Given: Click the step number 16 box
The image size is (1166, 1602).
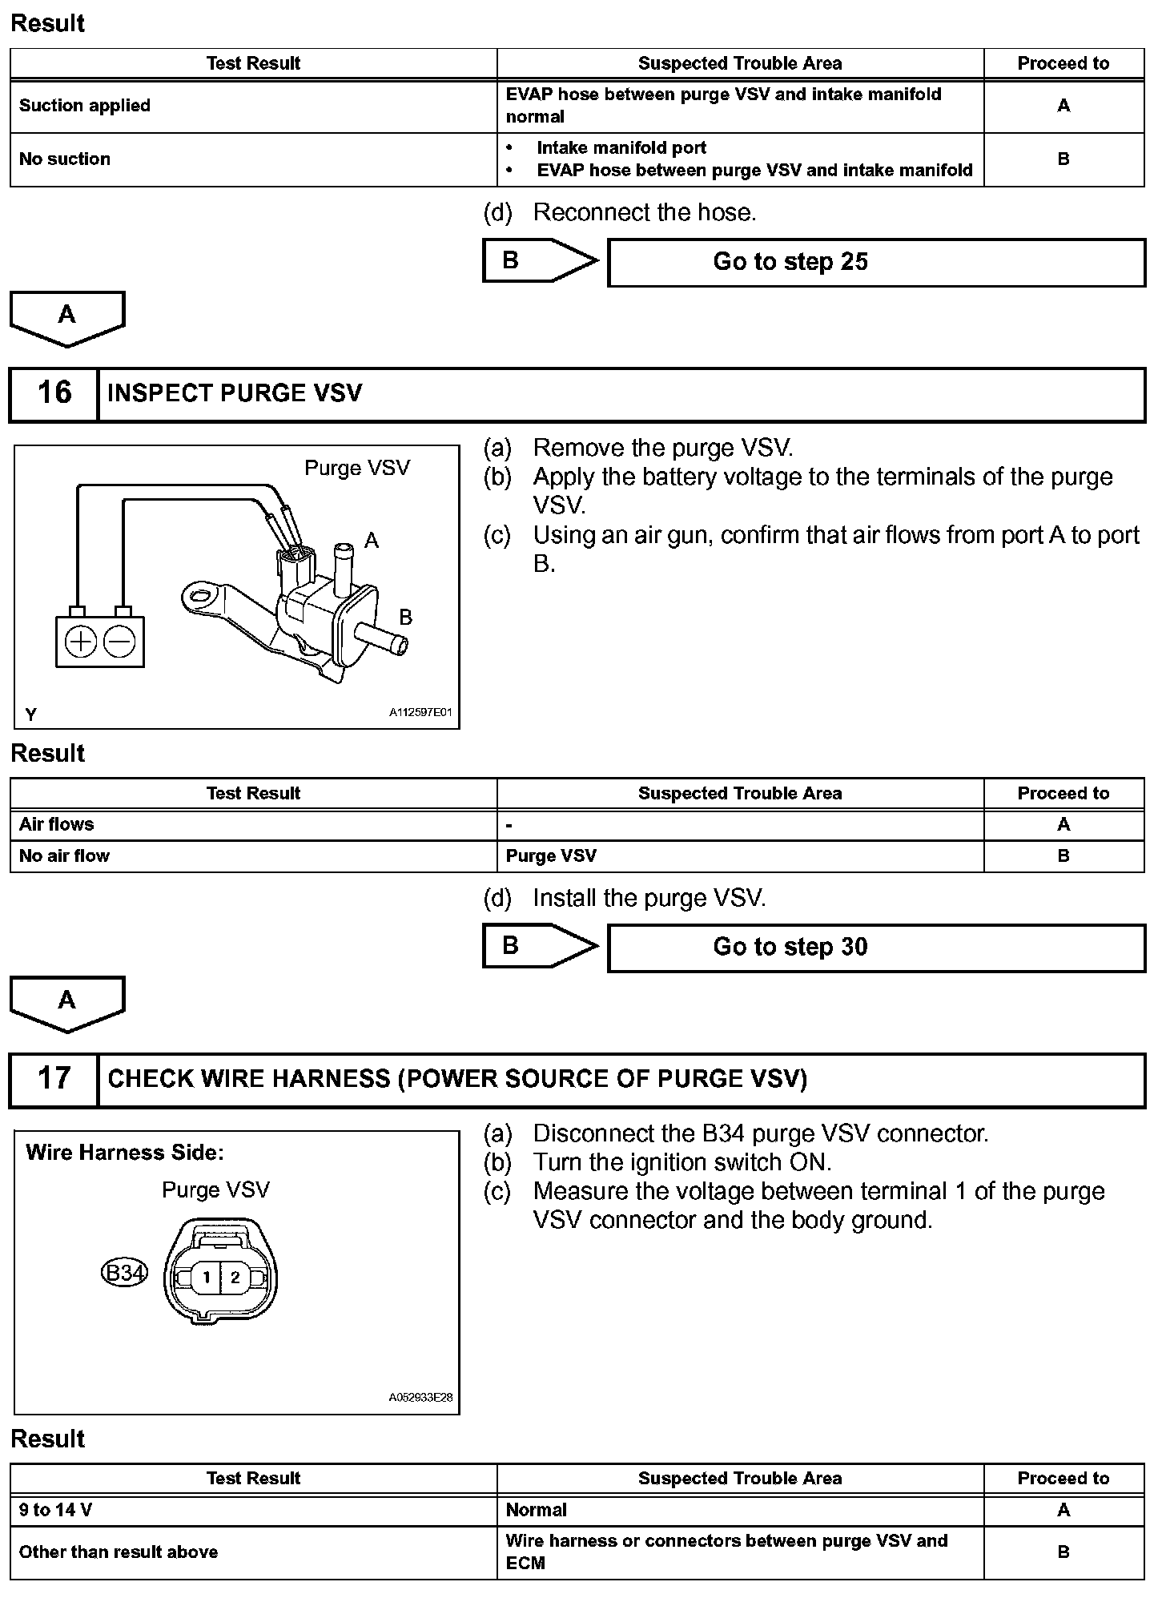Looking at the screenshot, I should (x=54, y=393).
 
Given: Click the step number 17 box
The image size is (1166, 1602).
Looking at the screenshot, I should (x=54, y=1078).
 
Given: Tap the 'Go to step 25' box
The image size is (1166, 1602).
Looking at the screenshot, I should (x=876, y=262).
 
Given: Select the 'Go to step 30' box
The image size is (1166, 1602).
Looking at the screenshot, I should (x=876, y=947).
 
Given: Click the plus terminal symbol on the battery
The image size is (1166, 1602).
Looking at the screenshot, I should (x=81, y=642).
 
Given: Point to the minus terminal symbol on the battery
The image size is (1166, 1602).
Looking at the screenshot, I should (x=120, y=642).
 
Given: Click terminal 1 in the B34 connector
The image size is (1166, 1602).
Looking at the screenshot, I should (x=206, y=1277).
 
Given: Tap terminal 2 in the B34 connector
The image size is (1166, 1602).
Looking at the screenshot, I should (x=235, y=1277).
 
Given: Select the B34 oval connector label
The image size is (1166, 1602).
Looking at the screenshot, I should (x=125, y=1272).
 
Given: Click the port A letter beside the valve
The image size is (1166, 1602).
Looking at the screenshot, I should (x=371, y=541).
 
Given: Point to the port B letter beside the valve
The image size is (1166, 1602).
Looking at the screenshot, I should (x=405, y=617).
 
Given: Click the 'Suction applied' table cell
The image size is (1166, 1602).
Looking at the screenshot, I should (x=85, y=106).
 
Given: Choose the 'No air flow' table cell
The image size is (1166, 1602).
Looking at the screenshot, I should (x=64, y=855).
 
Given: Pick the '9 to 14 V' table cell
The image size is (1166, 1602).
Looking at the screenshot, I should (x=55, y=1510).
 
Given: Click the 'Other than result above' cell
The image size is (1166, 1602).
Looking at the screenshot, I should (x=119, y=1552).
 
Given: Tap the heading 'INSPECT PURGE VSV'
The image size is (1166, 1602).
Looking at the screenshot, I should (x=235, y=393).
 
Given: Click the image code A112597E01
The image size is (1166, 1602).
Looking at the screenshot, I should (x=420, y=711).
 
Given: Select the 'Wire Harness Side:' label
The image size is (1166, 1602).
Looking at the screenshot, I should (x=125, y=1153).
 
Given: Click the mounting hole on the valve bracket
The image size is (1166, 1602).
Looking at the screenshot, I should (x=203, y=595).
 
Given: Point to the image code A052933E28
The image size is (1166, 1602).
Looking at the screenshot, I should (x=420, y=1397).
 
